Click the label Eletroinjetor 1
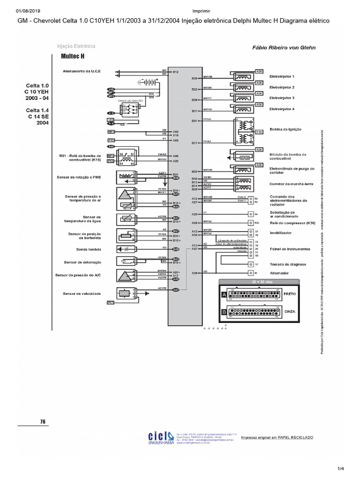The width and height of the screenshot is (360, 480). pos(281,76)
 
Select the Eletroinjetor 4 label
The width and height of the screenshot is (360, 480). pos(281,109)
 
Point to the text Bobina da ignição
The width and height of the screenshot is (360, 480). pos(285,129)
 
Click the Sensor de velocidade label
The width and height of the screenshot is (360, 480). pos(82,293)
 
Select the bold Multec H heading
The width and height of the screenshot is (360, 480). pos(72,55)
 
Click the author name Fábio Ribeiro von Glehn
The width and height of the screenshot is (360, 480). pos(284,47)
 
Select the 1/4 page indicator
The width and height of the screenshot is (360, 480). pos(341,469)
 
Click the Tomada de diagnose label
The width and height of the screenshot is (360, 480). pos(285,264)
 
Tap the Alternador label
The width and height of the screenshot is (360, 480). pos(279,272)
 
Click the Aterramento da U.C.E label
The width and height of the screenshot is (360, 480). pos(82,71)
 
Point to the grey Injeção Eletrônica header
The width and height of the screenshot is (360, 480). pos(76,46)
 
